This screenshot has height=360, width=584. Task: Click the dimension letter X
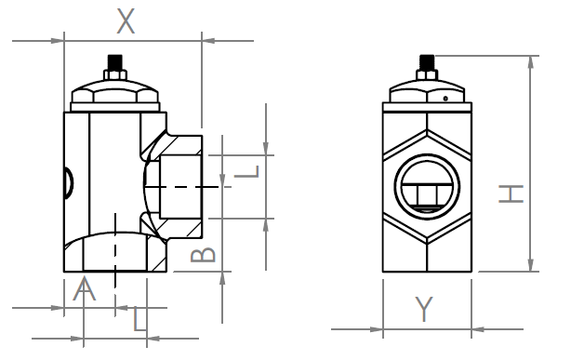tap(126, 20)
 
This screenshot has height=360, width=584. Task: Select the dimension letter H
tap(511, 193)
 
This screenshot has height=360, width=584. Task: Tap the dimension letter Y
tap(424, 309)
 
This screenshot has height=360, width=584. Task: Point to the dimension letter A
tap(85, 288)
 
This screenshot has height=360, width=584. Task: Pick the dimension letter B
tap(203, 255)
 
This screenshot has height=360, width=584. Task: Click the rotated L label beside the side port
tap(246, 172)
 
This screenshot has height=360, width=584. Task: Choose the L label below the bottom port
tap(139, 319)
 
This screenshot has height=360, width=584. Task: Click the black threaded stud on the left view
tap(115, 62)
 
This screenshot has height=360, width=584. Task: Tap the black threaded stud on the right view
tap(427, 62)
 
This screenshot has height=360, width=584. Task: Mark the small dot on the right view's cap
tap(445, 99)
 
